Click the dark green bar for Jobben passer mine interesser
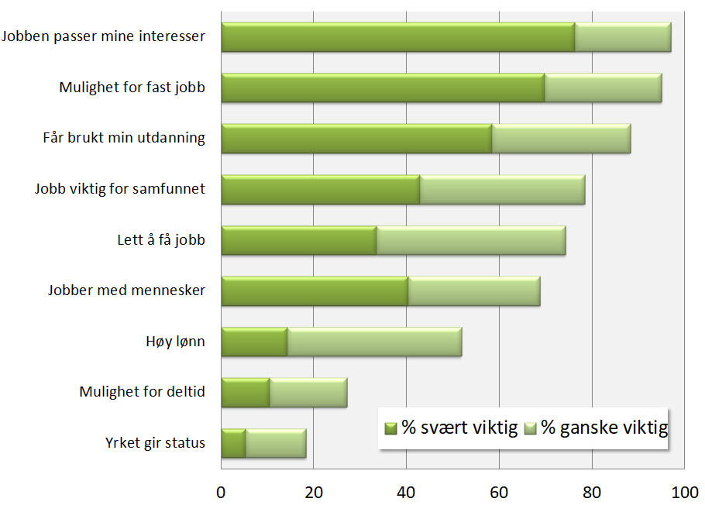click(397, 37)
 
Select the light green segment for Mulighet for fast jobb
click(603, 88)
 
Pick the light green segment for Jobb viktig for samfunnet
click(502, 190)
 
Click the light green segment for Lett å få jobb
click(471, 241)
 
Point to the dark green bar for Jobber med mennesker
click(315, 291)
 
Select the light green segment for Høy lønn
click(374, 342)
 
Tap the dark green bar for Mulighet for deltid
click(245, 393)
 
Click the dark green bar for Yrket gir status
click(233, 443)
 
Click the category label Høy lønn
click(176, 342)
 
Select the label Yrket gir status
click(155, 443)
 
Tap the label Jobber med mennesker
click(126, 291)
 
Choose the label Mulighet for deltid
click(142, 392)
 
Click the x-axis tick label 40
click(407, 493)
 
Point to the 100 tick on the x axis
click(684, 493)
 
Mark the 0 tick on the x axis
click(221, 493)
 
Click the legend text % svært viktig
click(459, 428)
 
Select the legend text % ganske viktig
click(604, 428)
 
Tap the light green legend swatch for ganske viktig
click(531, 428)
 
